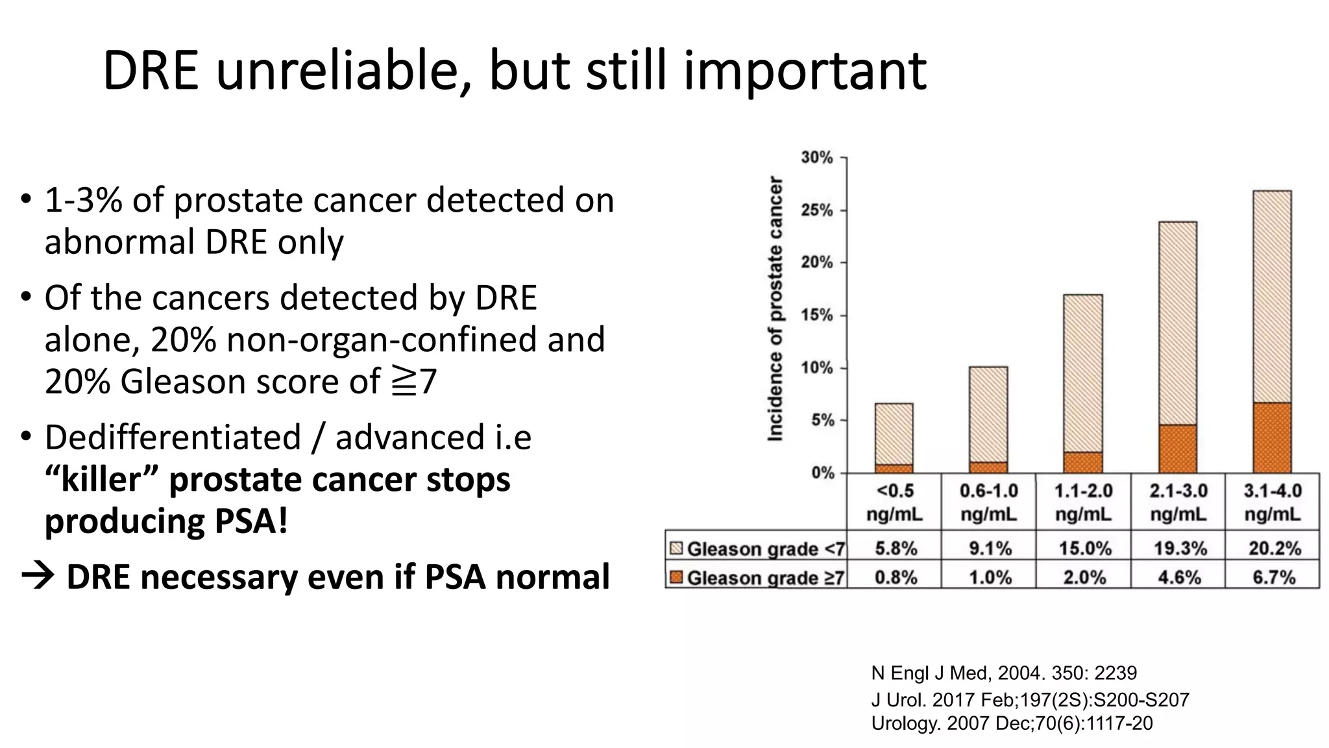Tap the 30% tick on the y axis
coord(817,158)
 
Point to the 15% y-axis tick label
coord(817,316)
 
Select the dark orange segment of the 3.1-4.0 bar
coord(1272,438)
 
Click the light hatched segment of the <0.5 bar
coord(894,434)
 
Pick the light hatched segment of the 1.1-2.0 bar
coord(1083,373)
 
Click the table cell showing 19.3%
coord(1179,549)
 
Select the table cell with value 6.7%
coord(1273,577)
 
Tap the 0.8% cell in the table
coord(896,577)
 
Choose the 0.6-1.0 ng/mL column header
coord(989,503)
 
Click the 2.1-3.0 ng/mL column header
coord(1178,503)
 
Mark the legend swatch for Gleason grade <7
coord(676,549)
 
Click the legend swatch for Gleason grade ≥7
coord(676,577)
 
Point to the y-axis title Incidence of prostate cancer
coord(775,308)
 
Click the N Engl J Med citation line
coord(1003,673)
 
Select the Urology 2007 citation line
coord(1012,723)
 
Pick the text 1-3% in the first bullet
coord(83,200)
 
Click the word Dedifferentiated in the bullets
coord(173,437)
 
